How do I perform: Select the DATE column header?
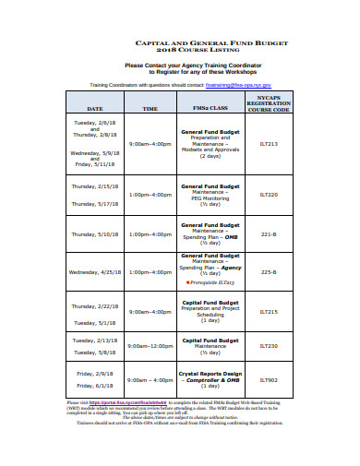(x=95, y=108)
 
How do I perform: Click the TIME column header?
(x=150, y=108)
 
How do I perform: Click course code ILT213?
(x=269, y=144)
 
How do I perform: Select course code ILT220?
(x=269, y=195)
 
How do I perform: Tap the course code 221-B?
(x=269, y=233)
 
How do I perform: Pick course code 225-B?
(x=269, y=272)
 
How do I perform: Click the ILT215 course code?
(x=269, y=312)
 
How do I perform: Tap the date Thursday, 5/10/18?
(x=95, y=233)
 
